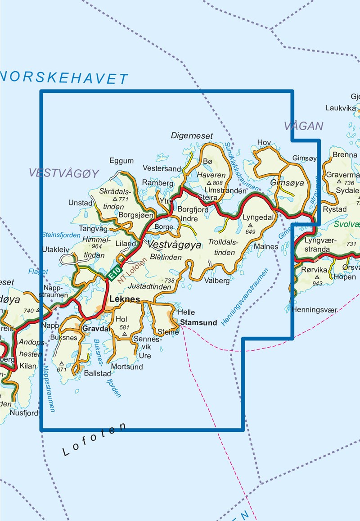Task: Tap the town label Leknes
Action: click(x=125, y=299)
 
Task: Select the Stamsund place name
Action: click(x=198, y=322)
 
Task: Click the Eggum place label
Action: click(x=121, y=161)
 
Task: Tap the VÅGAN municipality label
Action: click(x=304, y=126)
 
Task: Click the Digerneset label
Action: click(x=192, y=136)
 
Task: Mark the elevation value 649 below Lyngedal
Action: click(x=251, y=232)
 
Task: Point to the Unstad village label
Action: click(x=80, y=203)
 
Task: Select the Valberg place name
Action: click(x=217, y=281)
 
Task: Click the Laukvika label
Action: click(x=341, y=108)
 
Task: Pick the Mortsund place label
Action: click(x=127, y=367)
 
